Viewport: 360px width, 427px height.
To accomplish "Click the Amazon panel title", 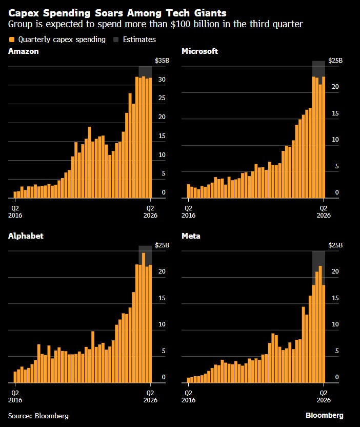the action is point(24,51).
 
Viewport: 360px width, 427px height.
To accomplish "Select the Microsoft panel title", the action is point(199,51).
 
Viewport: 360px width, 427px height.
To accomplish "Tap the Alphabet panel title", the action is point(26,236).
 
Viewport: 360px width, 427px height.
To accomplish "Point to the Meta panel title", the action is point(191,236).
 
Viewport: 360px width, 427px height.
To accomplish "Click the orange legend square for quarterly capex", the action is point(12,40).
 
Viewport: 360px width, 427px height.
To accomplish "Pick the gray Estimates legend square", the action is point(116,40).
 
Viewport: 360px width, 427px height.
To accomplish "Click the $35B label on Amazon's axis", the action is point(162,61).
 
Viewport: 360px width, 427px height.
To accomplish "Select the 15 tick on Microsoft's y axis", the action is point(335,113).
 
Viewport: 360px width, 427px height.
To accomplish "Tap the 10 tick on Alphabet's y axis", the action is point(162,324).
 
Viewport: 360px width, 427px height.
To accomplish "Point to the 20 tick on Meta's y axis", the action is point(335,271).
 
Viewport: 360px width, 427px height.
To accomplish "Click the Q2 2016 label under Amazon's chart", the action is point(15,212).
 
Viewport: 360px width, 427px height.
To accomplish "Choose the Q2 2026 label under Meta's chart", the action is point(324,397).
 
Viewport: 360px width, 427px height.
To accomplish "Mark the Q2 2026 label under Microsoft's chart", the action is point(324,212).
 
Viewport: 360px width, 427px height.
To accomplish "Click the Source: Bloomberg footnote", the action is point(38,416).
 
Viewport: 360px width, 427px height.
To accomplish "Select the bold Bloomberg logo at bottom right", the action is point(324,415).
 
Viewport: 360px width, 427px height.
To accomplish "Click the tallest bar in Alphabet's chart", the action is point(144,318).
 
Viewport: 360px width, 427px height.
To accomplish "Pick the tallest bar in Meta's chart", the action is point(321,324).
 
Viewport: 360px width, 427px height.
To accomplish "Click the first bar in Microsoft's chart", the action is point(188,191).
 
